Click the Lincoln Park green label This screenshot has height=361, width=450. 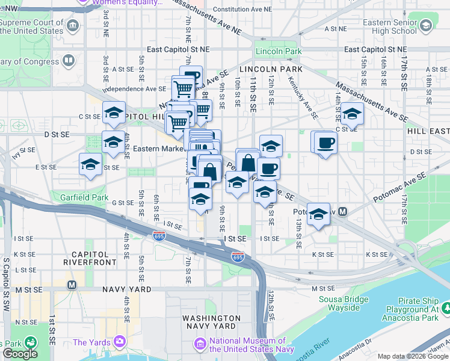(x=278, y=52)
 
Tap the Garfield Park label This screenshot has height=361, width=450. (x=84, y=197)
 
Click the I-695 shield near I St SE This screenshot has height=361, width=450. (x=238, y=257)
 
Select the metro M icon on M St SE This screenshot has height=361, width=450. (x=72, y=285)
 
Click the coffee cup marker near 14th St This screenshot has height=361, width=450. (x=325, y=143)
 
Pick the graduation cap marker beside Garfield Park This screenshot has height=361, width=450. (x=91, y=164)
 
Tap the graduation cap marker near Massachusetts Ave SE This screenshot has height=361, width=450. (x=352, y=113)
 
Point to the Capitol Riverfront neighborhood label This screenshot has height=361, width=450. (x=94, y=258)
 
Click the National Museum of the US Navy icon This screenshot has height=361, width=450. (x=200, y=344)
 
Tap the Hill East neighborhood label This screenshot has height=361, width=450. (x=428, y=131)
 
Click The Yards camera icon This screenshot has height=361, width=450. (x=120, y=342)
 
